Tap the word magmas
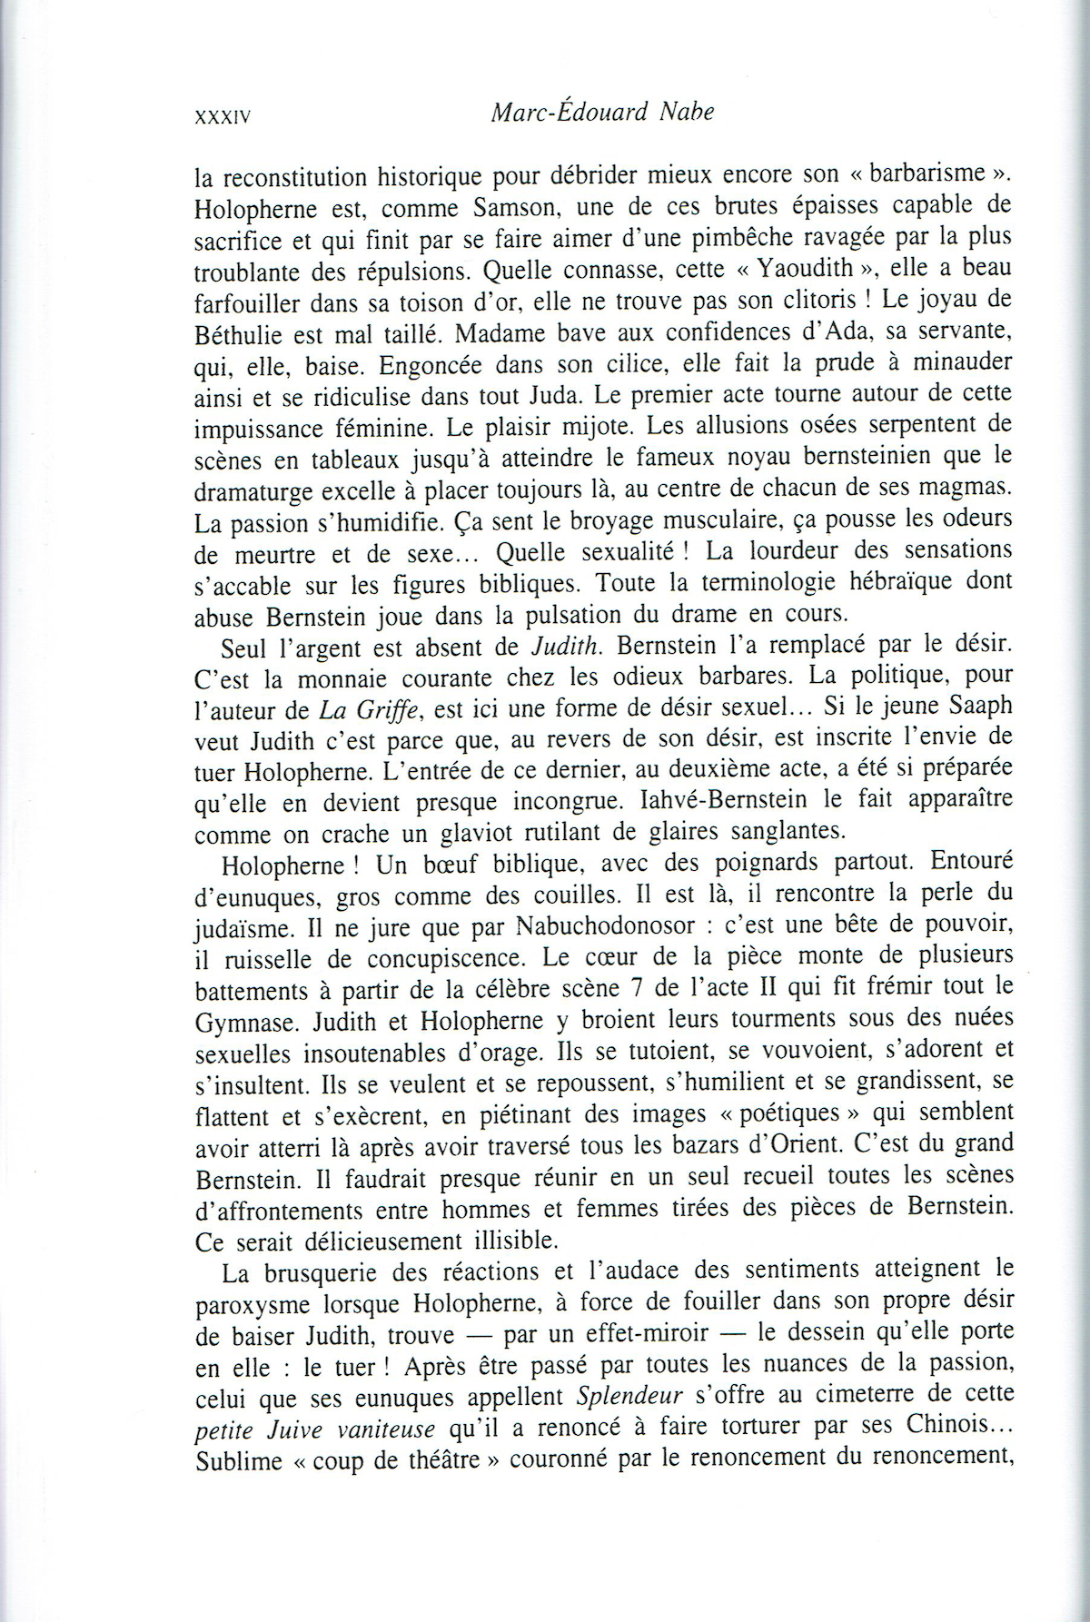coord(966,488)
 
